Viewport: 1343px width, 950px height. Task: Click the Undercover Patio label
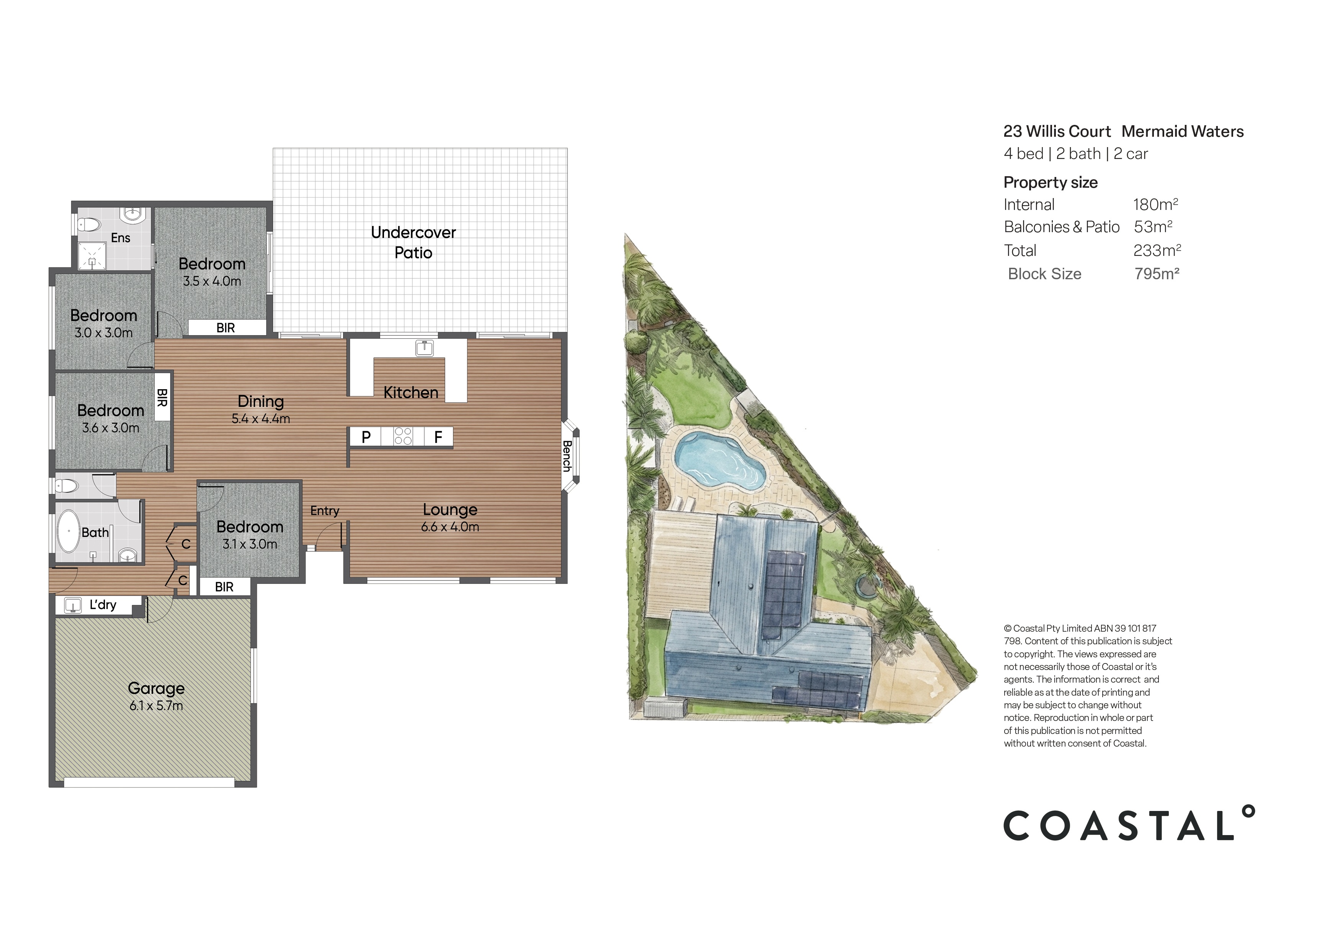[413, 242]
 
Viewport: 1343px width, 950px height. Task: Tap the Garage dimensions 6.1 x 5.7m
[156, 706]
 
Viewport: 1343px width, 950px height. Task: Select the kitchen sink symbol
[425, 348]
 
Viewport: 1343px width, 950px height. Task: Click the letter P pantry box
[366, 437]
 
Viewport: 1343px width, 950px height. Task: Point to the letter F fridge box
[438, 437]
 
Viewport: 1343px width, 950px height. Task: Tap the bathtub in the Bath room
[69, 531]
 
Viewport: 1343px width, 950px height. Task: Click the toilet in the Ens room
[89, 224]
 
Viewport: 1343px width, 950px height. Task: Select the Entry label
[325, 511]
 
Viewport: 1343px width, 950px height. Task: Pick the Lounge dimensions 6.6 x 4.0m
[450, 527]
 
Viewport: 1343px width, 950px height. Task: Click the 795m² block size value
[1157, 274]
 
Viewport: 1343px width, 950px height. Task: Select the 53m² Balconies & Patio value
[1152, 227]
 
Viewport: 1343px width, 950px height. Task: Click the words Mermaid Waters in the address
[1182, 132]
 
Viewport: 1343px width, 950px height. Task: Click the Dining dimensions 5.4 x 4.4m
[260, 419]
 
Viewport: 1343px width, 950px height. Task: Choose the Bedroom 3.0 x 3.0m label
[103, 324]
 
